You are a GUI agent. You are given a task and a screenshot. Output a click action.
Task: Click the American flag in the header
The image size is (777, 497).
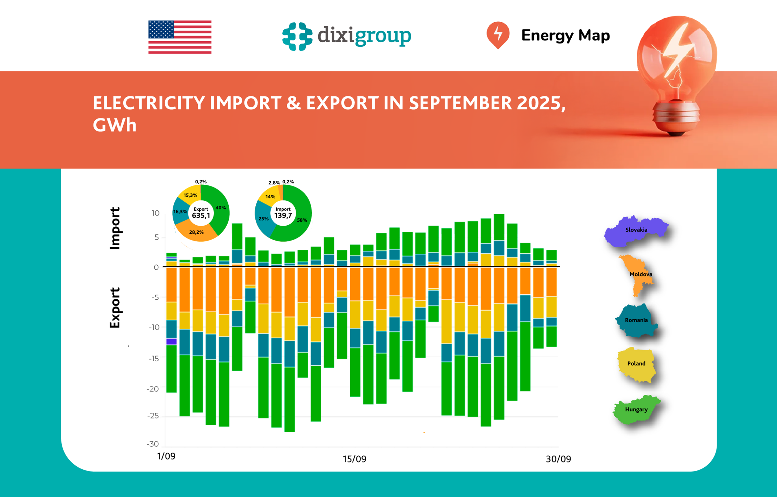click(x=180, y=37)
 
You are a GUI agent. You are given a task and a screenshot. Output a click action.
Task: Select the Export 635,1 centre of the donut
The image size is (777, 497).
click(x=201, y=213)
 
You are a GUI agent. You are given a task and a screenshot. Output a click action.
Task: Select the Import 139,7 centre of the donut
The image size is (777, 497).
click(x=283, y=213)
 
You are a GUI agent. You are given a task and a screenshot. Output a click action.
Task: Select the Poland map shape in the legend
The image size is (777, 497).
click(x=636, y=364)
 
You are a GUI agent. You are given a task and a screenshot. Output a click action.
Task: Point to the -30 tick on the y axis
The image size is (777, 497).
click(x=153, y=444)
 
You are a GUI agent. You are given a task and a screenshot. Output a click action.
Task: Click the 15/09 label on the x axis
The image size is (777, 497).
click(x=354, y=459)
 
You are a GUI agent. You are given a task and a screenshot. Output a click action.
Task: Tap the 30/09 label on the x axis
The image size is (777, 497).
click(x=558, y=459)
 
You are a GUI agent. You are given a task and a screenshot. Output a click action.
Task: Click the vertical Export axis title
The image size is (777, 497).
click(x=115, y=308)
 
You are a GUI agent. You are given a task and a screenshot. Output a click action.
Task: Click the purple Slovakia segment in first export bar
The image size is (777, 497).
click(x=172, y=341)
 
